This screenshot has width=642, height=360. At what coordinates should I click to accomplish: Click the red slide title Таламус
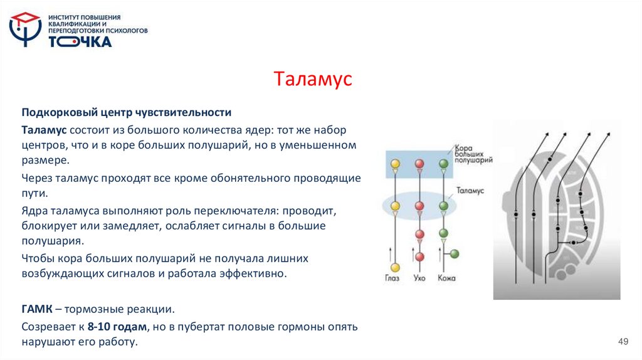(x=313, y=80)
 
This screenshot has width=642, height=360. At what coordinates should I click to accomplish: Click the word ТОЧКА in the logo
(x=80, y=42)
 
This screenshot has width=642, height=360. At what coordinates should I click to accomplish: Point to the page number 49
(x=623, y=341)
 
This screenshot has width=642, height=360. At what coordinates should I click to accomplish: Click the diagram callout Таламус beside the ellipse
(x=470, y=188)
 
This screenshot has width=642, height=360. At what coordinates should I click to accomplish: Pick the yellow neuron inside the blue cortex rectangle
(x=395, y=164)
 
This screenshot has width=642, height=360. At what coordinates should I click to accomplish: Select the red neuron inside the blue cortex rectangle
(x=419, y=164)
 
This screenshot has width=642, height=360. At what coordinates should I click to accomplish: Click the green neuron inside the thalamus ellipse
(x=444, y=205)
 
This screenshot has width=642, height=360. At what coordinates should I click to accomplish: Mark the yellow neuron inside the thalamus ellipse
(x=395, y=205)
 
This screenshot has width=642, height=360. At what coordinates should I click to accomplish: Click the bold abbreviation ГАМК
(x=38, y=309)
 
